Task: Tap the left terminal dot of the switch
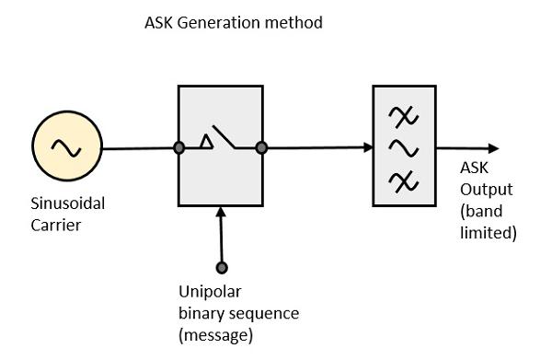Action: point(179,147)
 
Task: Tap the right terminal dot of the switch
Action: point(261,147)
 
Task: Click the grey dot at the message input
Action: point(221,268)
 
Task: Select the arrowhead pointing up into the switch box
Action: point(221,214)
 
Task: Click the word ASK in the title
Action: point(159,23)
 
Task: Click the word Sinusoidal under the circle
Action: point(57,204)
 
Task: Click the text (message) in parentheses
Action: point(215,335)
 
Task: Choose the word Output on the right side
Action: point(483,190)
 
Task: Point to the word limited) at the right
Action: point(488,234)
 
